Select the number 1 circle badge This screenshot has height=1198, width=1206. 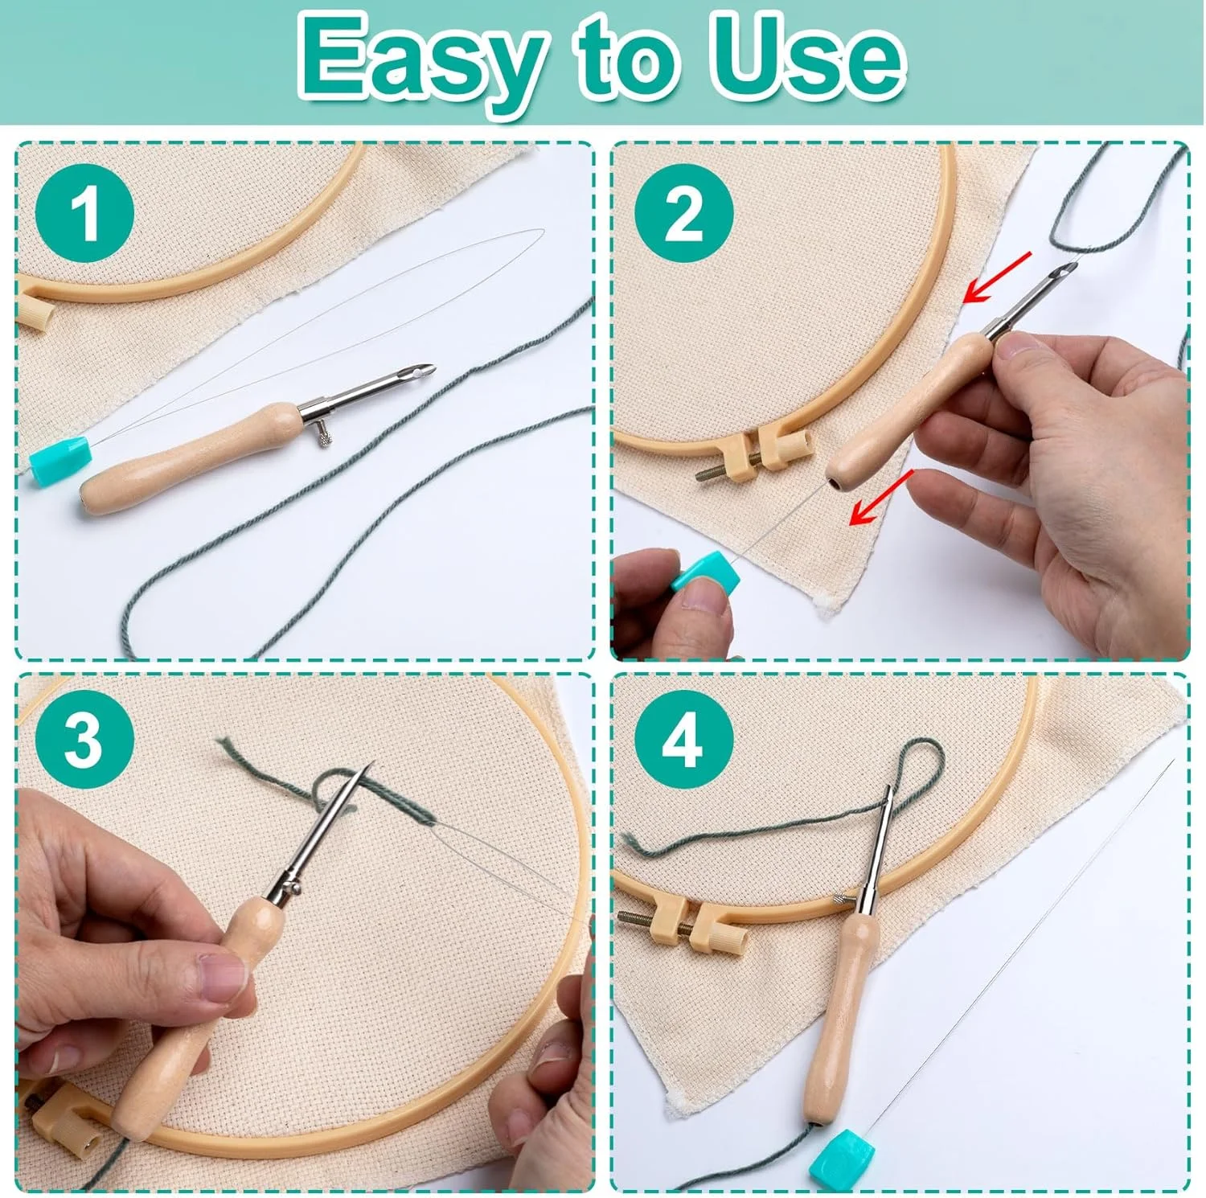point(84,213)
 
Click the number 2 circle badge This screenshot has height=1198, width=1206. point(683,213)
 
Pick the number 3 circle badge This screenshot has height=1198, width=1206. point(84,740)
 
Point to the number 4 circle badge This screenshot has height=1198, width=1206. point(683,740)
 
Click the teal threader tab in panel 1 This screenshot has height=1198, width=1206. point(60,461)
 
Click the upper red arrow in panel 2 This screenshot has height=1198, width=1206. point(997,277)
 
